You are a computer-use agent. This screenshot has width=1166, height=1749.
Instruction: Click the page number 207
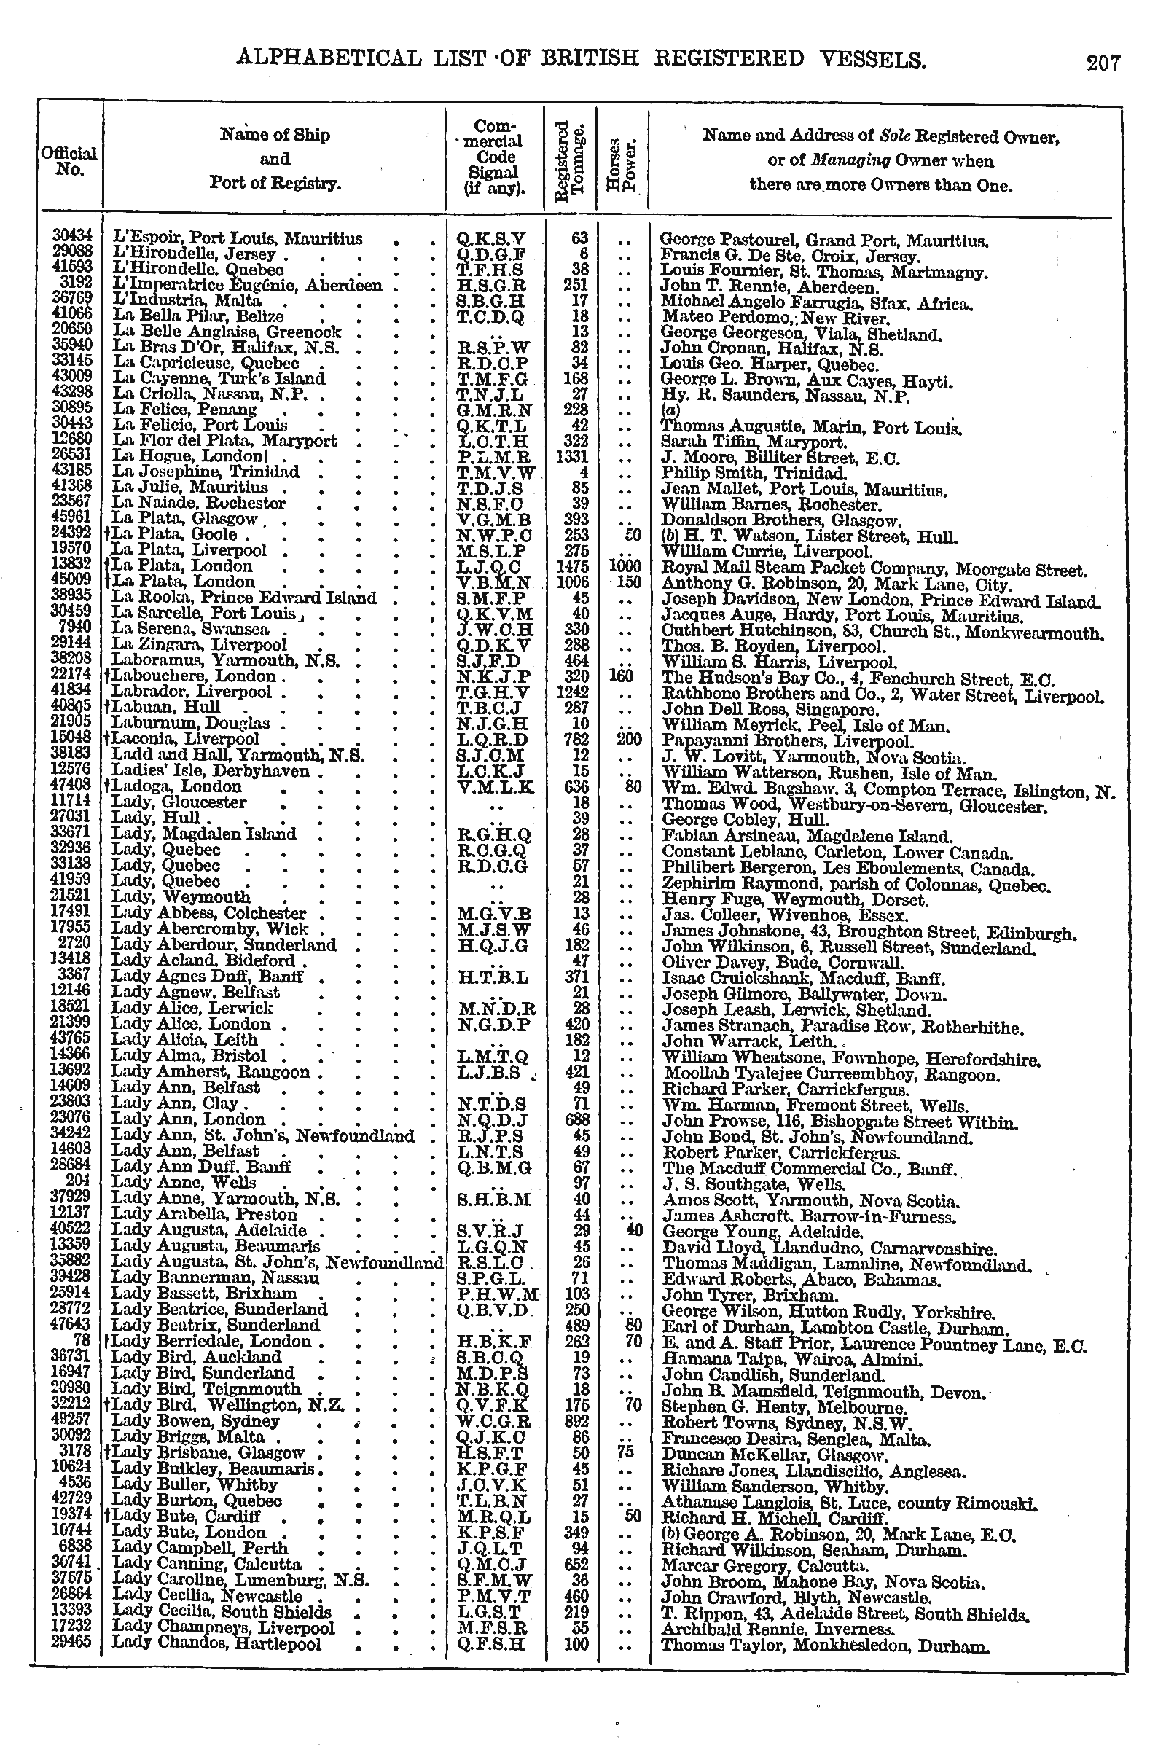point(1103,63)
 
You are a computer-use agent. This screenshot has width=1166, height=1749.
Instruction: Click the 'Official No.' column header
point(69,160)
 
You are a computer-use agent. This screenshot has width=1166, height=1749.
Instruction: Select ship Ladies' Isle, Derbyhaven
point(211,771)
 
